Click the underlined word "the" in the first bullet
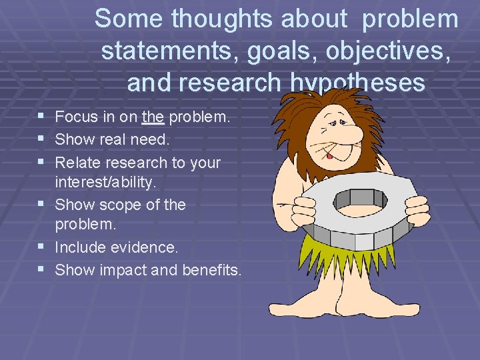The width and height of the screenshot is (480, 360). (153, 117)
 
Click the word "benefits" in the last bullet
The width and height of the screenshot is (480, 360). (215, 270)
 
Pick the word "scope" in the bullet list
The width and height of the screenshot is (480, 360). (116, 205)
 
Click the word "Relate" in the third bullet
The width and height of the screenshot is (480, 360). (77, 162)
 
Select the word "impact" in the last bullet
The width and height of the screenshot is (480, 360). (123, 270)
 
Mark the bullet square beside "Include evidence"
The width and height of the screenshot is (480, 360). (42, 247)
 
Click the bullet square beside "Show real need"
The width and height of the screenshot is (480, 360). (42, 139)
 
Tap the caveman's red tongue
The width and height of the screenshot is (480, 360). (329, 155)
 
